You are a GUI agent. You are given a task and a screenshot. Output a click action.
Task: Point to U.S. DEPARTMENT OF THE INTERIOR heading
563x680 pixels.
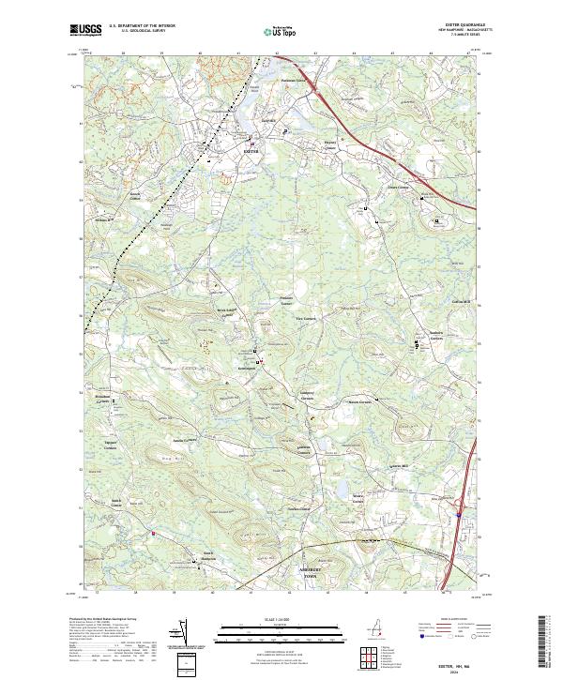(142, 25)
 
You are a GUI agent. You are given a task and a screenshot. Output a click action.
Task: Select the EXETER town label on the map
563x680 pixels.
(249, 149)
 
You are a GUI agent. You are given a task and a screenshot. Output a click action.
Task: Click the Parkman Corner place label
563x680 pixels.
(297, 81)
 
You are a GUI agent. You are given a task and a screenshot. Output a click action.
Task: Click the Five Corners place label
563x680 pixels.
(294, 318)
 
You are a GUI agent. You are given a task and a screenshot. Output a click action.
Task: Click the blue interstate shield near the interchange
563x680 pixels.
(456, 512)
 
